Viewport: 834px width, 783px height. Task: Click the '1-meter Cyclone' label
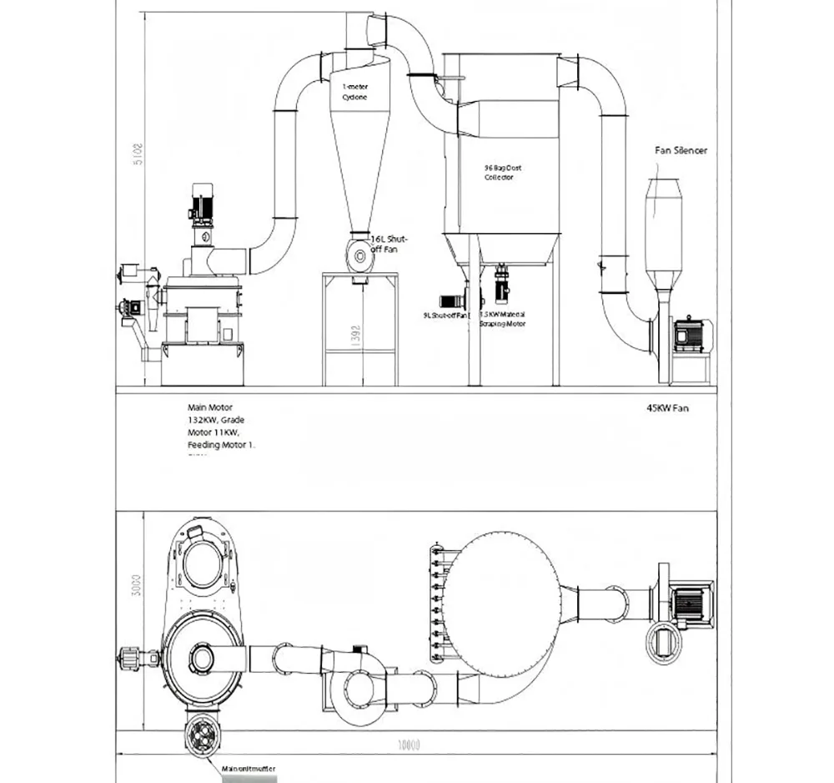(x=354, y=92)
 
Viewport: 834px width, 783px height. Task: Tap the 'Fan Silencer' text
(x=681, y=151)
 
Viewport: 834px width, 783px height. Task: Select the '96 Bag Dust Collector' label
(x=502, y=172)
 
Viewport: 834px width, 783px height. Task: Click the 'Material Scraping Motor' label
(x=502, y=318)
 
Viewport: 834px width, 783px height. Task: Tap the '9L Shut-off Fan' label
(x=447, y=316)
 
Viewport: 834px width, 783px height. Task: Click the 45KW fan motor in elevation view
(x=691, y=333)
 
